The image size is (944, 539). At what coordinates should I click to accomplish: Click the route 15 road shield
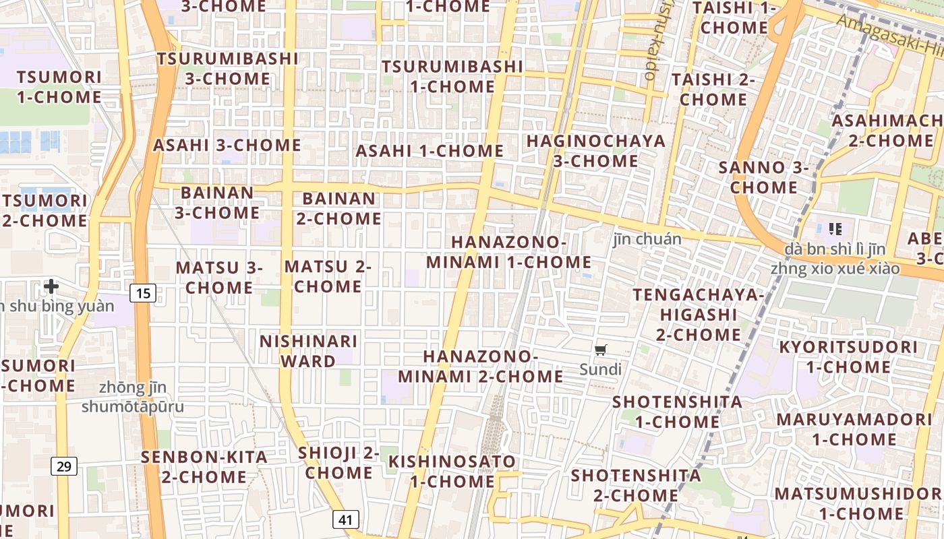(x=143, y=293)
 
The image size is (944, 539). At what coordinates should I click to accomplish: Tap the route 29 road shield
(x=63, y=466)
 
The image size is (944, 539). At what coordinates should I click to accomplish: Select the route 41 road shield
(x=345, y=519)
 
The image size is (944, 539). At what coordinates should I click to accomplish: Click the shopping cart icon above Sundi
(x=601, y=350)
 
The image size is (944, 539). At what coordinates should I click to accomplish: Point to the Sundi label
(x=601, y=369)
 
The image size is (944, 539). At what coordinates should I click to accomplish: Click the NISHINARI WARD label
(x=308, y=351)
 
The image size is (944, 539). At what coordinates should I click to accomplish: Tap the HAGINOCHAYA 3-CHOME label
(x=596, y=151)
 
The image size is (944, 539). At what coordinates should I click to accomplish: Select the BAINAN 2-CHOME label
(x=338, y=208)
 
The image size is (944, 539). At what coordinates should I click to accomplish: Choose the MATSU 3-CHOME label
(x=219, y=278)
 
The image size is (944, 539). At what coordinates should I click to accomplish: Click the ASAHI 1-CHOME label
(x=430, y=151)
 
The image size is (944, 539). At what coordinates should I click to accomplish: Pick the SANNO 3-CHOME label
(x=763, y=177)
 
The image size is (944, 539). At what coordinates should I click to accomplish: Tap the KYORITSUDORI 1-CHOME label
(x=848, y=357)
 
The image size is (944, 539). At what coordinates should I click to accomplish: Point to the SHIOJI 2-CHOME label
(x=338, y=462)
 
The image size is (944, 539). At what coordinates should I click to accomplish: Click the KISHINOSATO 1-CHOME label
(x=452, y=472)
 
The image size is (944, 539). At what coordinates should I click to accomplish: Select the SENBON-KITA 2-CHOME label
(x=204, y=467)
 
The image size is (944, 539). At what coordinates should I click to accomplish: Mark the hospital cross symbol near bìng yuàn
(x=51, y=287)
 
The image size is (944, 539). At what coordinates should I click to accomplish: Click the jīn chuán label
(x=647, y=239)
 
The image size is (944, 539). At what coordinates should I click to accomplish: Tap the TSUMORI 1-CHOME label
(x=59, y=87)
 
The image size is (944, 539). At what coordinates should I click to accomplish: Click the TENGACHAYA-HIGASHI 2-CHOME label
(x=699, y=315)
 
